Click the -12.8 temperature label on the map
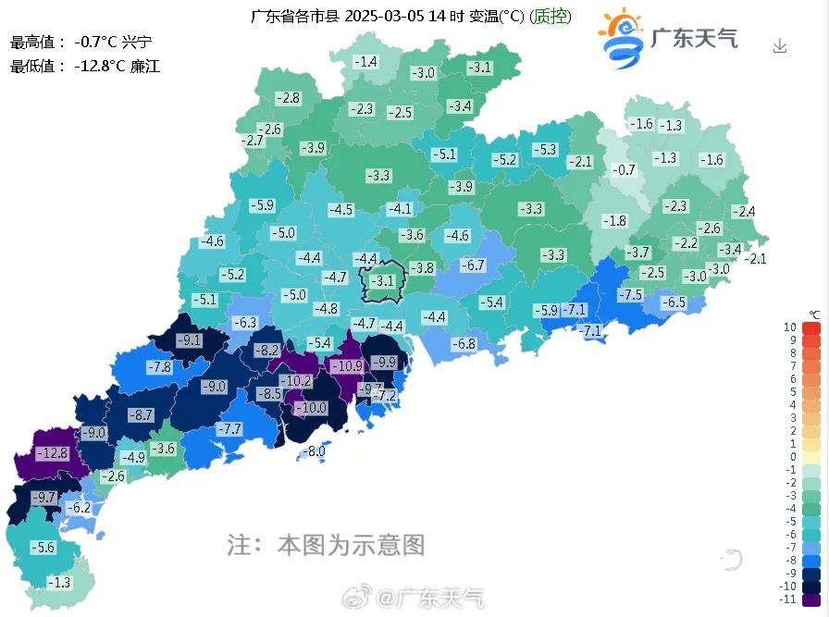click(x=53, y=453)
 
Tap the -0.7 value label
click(x=625, y=169)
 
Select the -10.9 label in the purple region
click(x=347, y=366)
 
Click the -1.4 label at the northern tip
click(x=366, y=62)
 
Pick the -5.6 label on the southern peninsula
click(x=43, y=548)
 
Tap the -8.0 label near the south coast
click(x=316, y=451)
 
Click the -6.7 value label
click(x=473, y=265)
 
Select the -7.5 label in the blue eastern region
click(x=630, y=294)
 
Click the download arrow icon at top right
click(x=780, y=45)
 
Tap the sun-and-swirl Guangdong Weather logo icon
click(x=620, y=39)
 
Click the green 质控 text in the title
click(x=553, y=16)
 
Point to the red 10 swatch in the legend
click(x=811, y=327)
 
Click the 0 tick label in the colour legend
click(x=792, y=456)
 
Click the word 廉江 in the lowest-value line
click(x=145, y=67)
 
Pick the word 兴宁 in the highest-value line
click(x=136, y=42)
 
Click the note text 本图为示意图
click(x=351, y=545)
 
